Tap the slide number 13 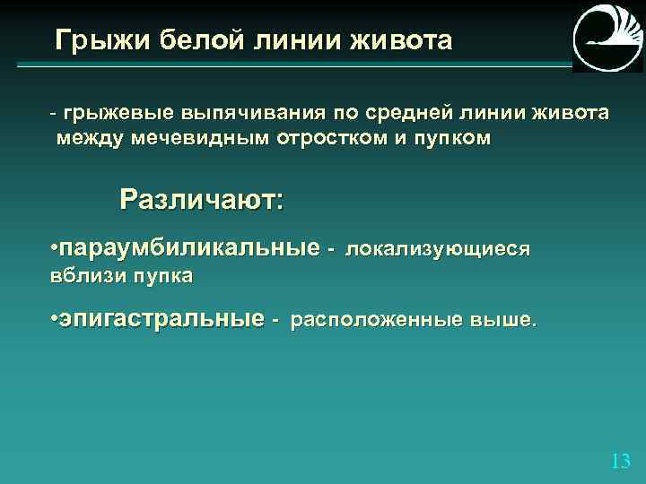pos(619,462)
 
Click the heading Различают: pos(201,199)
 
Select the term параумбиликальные pos(189,246)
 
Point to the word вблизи pos(84,275)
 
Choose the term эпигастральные pos(161,318)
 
